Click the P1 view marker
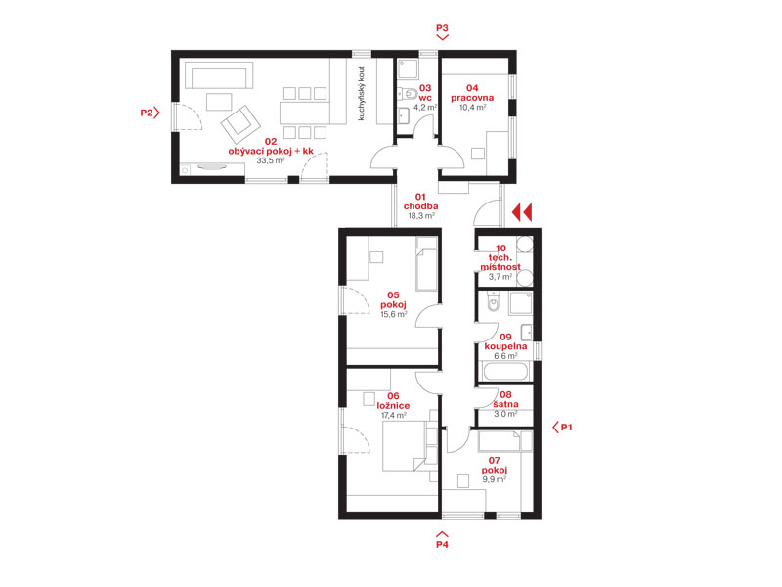tap(563, 428)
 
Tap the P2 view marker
tap(150, 113)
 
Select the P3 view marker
tap(443, 31)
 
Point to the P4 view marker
tap(442, 541)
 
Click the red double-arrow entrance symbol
tap(522, 212)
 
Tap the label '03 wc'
tap(425, 93)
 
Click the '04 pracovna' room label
tap(472, 93)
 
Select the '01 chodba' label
tap(421, 202)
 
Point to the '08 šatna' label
tap(505, 399)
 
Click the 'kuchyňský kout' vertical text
tap(362, 93)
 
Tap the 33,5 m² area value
tap(271, 160)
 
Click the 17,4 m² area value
tap(394, 415)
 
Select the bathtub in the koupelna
tap(504, 372)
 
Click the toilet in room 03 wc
tap(407, 93)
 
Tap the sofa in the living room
tap(219, 75)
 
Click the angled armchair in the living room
tap(240, 124)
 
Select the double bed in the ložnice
tap(405, 447)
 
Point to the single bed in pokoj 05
tap(426, 263)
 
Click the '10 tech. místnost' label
tap(500, 257)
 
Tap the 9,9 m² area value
tap(495, 479)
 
